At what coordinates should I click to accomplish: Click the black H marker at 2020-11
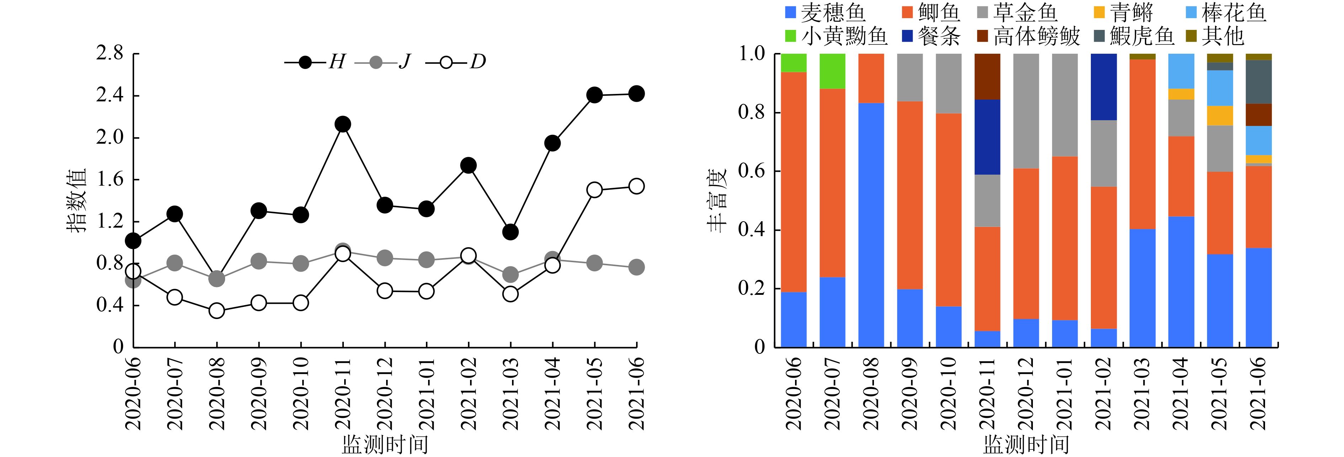343,124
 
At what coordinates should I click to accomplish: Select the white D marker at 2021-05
594,190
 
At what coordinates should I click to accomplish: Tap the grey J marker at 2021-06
636,267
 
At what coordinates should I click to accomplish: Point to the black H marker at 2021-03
510,232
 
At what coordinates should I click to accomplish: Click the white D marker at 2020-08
217,311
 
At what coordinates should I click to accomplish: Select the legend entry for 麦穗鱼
824,12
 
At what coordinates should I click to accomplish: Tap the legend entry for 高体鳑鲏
1028,36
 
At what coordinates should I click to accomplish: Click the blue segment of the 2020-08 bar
871,224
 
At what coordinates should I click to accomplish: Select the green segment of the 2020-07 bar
833,71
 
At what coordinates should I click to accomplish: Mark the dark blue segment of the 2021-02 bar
1104,87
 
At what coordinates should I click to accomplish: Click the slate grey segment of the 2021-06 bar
1259,82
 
